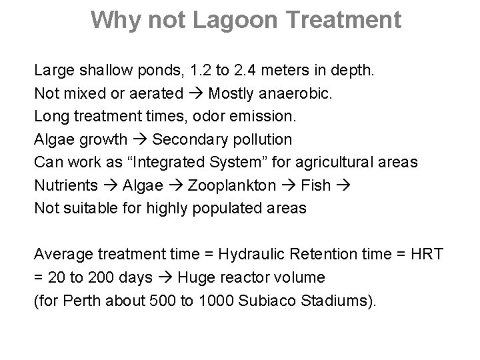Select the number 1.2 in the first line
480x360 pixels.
198,70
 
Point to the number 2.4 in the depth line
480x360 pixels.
249,70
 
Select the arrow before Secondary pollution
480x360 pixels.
139,140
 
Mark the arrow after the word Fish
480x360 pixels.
341,185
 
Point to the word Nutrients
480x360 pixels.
62,185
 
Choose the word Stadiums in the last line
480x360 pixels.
340,300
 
